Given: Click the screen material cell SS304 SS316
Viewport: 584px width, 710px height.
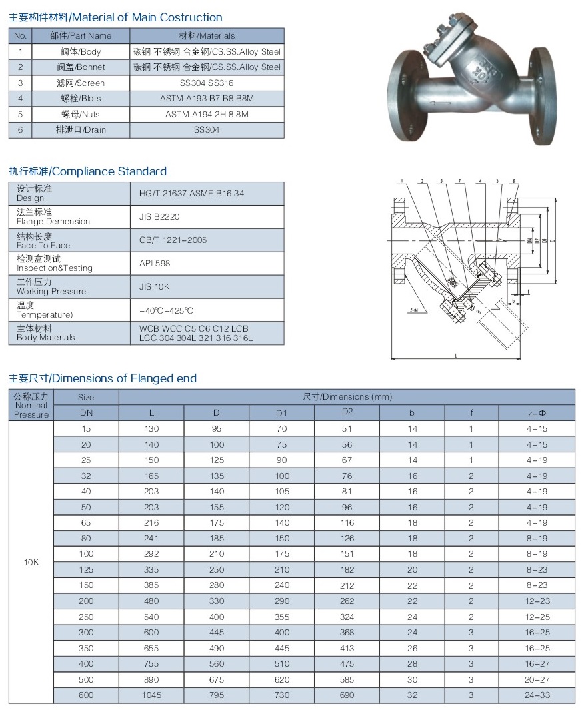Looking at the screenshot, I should [x=207, y=83].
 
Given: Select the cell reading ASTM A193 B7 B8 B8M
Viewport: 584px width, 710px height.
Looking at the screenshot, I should [x=207, y=99].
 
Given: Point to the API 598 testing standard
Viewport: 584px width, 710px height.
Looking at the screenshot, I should [x=155, y=263].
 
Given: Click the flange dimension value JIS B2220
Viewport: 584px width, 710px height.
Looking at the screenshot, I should [x=159, y=216].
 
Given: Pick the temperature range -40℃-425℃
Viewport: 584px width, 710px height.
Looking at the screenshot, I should [x=166, y=310].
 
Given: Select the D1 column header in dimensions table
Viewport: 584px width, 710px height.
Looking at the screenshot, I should [x=281, y=413].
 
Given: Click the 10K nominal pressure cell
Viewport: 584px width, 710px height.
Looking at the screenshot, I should [x=31, y=562].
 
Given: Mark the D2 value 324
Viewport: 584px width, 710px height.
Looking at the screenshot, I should [x=346, y=617].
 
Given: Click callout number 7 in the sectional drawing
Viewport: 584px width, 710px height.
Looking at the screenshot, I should [x=459, y=181].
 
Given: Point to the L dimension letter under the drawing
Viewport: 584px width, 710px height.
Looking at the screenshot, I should [x=457, y=356].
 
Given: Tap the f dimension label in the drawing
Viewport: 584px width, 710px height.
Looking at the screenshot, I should [x=529, y=291].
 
